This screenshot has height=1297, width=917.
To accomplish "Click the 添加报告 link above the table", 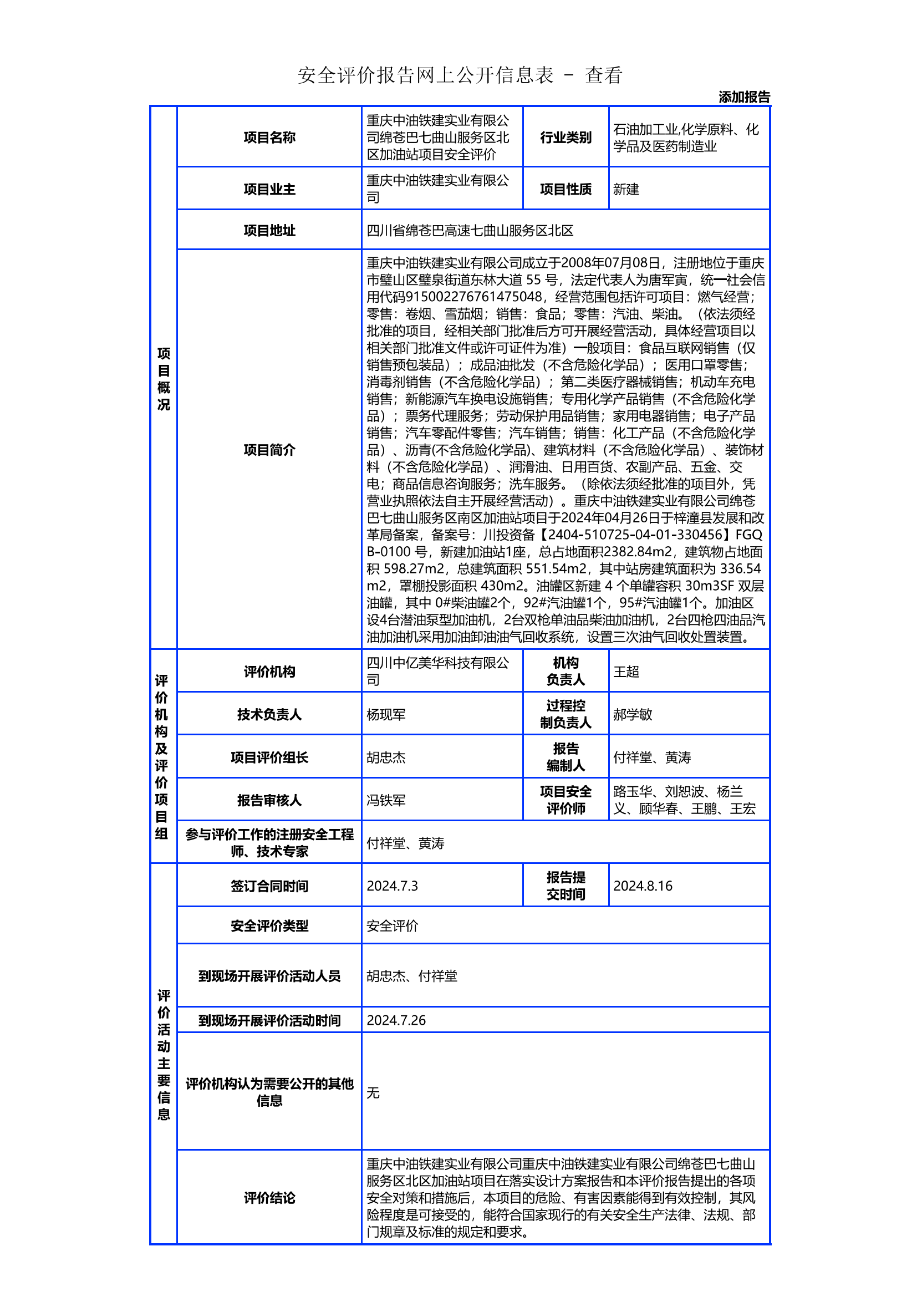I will (743, 97).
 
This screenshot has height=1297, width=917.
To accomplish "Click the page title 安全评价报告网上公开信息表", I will (426, 75).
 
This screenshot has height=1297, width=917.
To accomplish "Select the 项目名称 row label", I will (269, 138).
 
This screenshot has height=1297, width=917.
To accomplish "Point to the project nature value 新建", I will (626, 189).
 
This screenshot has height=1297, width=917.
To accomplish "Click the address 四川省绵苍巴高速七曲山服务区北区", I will (470, 231).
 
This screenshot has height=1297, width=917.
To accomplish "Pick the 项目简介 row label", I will (269, 450).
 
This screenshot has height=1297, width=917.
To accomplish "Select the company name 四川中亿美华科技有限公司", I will (437, 671).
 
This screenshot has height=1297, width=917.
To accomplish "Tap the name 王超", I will (626, 672).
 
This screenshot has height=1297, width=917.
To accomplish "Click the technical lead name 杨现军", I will (386, 715).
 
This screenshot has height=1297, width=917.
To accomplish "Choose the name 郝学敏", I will (633, 715).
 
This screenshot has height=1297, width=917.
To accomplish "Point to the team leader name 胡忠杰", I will (386, 757).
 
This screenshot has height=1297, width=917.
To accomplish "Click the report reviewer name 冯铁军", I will (386, 801).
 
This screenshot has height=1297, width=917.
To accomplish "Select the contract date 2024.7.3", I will (392, 886).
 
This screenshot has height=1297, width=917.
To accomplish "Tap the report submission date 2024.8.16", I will (643, 886).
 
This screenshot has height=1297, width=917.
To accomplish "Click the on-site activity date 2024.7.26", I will (396, 1020).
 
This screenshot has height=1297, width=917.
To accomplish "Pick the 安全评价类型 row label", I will (269, 926).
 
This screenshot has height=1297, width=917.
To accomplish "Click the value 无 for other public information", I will (373, 1092).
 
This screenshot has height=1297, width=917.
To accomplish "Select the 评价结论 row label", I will (269, 1198).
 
